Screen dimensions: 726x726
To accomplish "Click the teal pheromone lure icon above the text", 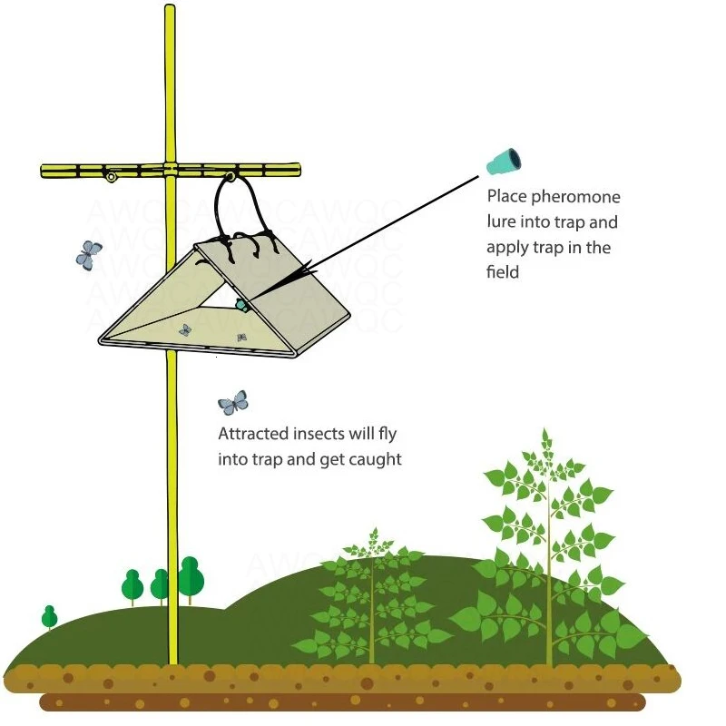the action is coord(503,163).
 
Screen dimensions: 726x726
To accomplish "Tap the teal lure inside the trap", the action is coord(242,305).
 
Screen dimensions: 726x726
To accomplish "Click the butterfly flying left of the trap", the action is coord(88,254).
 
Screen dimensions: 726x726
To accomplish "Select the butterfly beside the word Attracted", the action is coord(233,402).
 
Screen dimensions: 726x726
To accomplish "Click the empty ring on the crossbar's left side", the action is coord(111,177).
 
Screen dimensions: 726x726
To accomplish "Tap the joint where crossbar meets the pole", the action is coord(170,170).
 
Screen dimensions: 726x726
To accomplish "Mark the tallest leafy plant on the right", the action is coord(547,544).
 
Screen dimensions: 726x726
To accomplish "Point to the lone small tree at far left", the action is coord(50,617).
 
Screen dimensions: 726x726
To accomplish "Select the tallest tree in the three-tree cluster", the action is coord(190,578).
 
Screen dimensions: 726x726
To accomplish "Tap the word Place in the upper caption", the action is coord(505,196).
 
